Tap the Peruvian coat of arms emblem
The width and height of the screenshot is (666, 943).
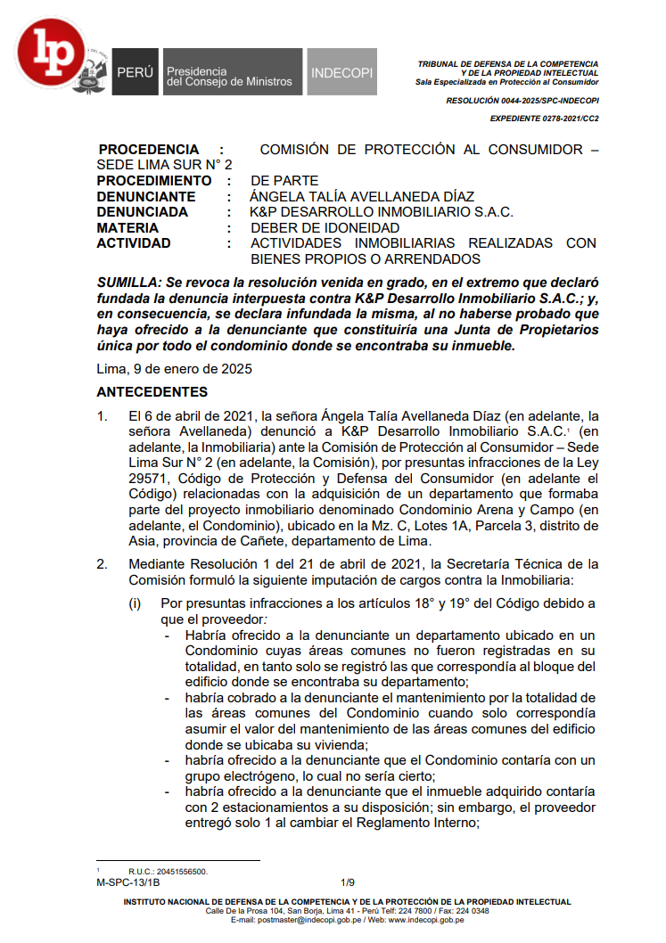pyautogui.click(x=91, y=73)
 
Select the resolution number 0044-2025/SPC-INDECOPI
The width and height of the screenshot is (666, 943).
pyautogui.click(x=522, y=101)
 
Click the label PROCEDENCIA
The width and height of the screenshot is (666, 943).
pyautogui.click(x=148, y=150)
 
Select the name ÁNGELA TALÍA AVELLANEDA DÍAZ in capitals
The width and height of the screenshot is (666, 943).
pyautogui.click(x=362, y=196)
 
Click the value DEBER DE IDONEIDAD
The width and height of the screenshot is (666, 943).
pyautogui.click(x=325, y=227)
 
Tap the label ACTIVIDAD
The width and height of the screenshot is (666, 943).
pyautogui.click(x=134, y=243)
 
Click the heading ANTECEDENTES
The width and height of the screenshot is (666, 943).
pyautogui.click(x=152, y=392)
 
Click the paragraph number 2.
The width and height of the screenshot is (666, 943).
pyautogui.click(x=103, y=564)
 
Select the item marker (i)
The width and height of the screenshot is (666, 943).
pyautogui.click(x=136, y=603)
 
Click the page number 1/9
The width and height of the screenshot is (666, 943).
pyautogui.click(x=348, y=882)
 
